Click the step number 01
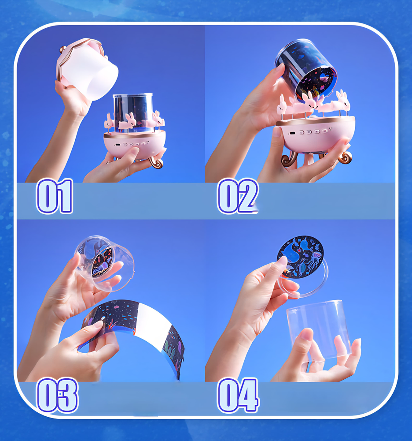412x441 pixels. click(55, 196)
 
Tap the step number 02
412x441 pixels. click(238, 196)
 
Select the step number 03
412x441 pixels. click(58, 395)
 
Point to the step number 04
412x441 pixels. click(238, 395)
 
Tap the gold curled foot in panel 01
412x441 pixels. click(156, 162)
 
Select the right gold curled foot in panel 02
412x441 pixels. click(345, 158)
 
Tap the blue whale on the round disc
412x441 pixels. click(291, 252)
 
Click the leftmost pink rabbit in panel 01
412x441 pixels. click(108, 122)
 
